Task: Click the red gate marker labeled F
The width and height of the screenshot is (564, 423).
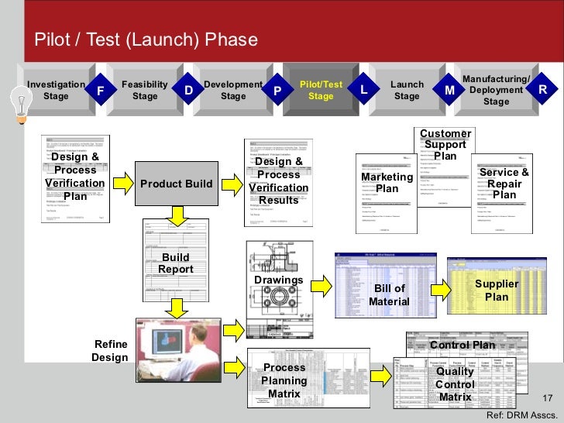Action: click(99, 91)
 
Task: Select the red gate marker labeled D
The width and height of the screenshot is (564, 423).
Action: click(188, 91)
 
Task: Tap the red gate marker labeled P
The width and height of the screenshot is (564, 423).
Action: click(277, 91)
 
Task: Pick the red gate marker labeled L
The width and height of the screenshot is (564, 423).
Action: click(363, 91)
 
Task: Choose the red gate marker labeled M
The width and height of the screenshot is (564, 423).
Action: click(450, 91)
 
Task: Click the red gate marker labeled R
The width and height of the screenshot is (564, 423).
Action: click(543, 91)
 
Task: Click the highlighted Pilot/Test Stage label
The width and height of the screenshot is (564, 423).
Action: click(321, 90)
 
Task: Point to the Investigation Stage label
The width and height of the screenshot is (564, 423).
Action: click(56, 91)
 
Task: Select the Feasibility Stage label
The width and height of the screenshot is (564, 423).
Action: click(145, 91)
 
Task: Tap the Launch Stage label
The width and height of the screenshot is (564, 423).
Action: click(407, 91)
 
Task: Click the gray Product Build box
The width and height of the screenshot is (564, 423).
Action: click(176, 184)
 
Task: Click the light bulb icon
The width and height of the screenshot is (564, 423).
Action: click(19, 101)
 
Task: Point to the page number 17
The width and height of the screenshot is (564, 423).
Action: click(548, 398)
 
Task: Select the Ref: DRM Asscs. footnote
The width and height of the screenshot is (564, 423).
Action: click(521, 415)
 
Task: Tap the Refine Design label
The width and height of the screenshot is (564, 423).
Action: click(109, 350)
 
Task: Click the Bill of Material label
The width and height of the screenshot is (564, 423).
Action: click(389, 294)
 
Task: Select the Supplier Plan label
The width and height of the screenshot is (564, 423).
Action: click(497, 291)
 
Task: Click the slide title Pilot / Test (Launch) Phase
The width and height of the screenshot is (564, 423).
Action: click(144, 40)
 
